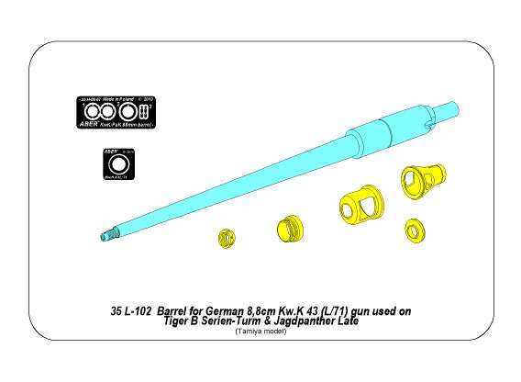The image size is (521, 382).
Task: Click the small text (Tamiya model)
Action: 260,332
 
